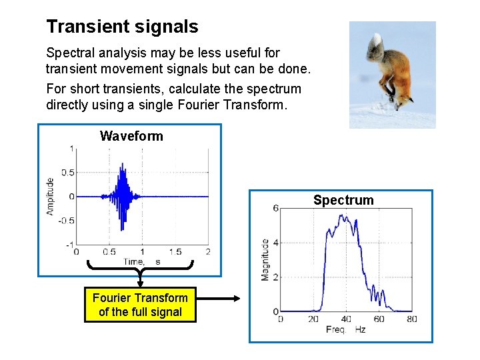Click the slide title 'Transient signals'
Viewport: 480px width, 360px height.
pos(122,27)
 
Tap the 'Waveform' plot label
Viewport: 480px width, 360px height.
pos(131,136)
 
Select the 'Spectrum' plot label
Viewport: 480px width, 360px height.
pos(343,200)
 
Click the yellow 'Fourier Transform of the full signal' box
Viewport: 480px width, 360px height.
pos(140,305)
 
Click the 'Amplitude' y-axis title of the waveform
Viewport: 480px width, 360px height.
pos(50,195)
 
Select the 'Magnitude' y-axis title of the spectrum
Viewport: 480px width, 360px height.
pos(265,259)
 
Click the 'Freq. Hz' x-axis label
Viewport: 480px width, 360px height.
pos(346,330)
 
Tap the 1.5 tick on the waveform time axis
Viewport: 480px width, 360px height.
pos(175,252)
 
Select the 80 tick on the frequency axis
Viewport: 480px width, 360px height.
pos(411,319)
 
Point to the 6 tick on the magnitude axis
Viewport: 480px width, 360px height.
pos(275,208)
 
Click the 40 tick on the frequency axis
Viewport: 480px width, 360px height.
pos(346,319)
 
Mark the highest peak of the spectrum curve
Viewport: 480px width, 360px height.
pos(342,215)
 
